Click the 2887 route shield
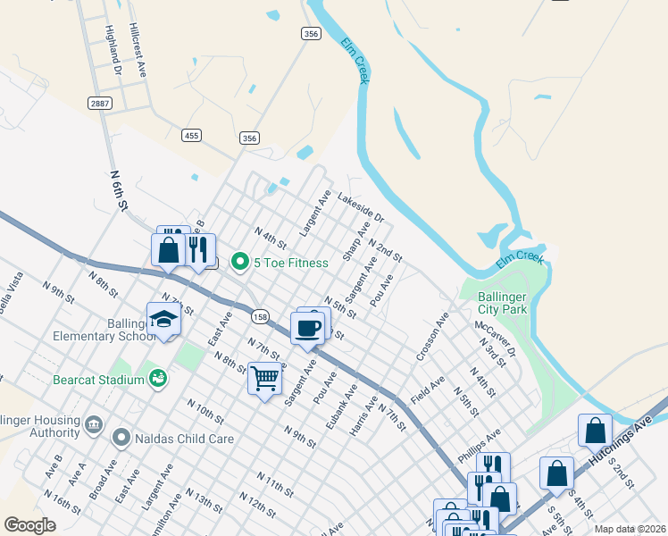tap(100, 104)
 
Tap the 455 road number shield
tap(190, 136)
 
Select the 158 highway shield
tap(259, 316)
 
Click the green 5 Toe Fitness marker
tap(239, 262)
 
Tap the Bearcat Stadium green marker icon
tap(158, 379)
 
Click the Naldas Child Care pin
tap(122, 438)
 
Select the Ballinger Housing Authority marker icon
tap(93, 422)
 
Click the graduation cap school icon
tap(164, 320)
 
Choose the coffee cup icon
tap(308, 327)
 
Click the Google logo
tap(30, 524)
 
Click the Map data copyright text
tap(629, 529)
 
